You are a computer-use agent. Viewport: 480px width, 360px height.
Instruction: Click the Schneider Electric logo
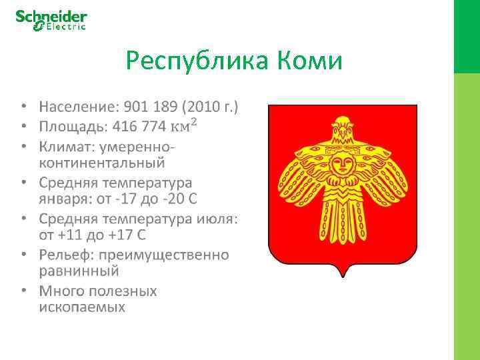[x=51, y=20]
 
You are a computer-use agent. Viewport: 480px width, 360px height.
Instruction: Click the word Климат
[x=67, y=145]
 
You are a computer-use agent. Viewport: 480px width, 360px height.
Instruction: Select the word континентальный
[x=101, y=163]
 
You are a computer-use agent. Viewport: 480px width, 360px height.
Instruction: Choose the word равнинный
[x=79, y=271]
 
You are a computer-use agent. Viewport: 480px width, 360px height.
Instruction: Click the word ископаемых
[x=81, y=307]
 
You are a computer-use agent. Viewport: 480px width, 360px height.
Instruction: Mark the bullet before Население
[x=23, y=107]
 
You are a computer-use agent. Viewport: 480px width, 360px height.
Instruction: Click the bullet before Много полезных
[x=23, y=291]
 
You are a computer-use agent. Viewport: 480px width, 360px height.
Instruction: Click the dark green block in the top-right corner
[x=467, y=36]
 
